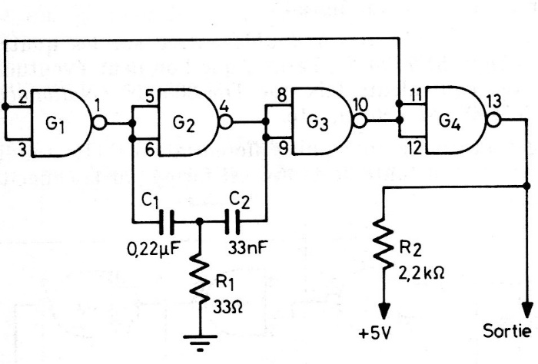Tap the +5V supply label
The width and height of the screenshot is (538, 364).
(376, 335)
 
